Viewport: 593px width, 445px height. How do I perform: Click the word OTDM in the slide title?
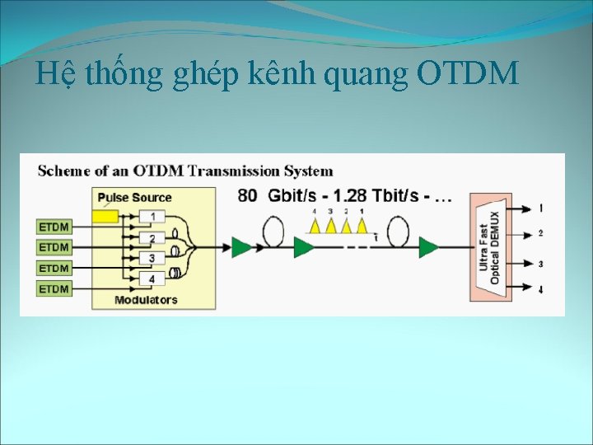pos(468,75)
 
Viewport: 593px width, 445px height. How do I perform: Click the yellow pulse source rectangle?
pos(105,216)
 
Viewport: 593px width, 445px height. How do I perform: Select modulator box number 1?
pos(152,216)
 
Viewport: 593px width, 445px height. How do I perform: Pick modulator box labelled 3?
pos(152,259)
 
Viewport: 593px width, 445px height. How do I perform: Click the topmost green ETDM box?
pos(54,226)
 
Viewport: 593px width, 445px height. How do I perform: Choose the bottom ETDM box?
pos(54,289)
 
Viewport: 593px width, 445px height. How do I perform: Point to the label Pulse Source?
pos(134,198)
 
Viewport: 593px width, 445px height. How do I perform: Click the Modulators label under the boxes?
pos(146,300)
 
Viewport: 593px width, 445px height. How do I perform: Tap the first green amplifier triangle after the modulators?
pos(240,246)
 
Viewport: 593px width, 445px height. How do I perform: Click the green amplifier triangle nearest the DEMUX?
pos(427,246)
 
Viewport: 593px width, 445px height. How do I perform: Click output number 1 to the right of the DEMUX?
pos(541,208)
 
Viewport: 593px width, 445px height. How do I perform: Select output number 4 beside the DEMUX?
pos(541,289)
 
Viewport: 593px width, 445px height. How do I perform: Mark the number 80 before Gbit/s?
pos(247,196)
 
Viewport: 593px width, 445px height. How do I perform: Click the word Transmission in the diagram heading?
pos(232,171)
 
